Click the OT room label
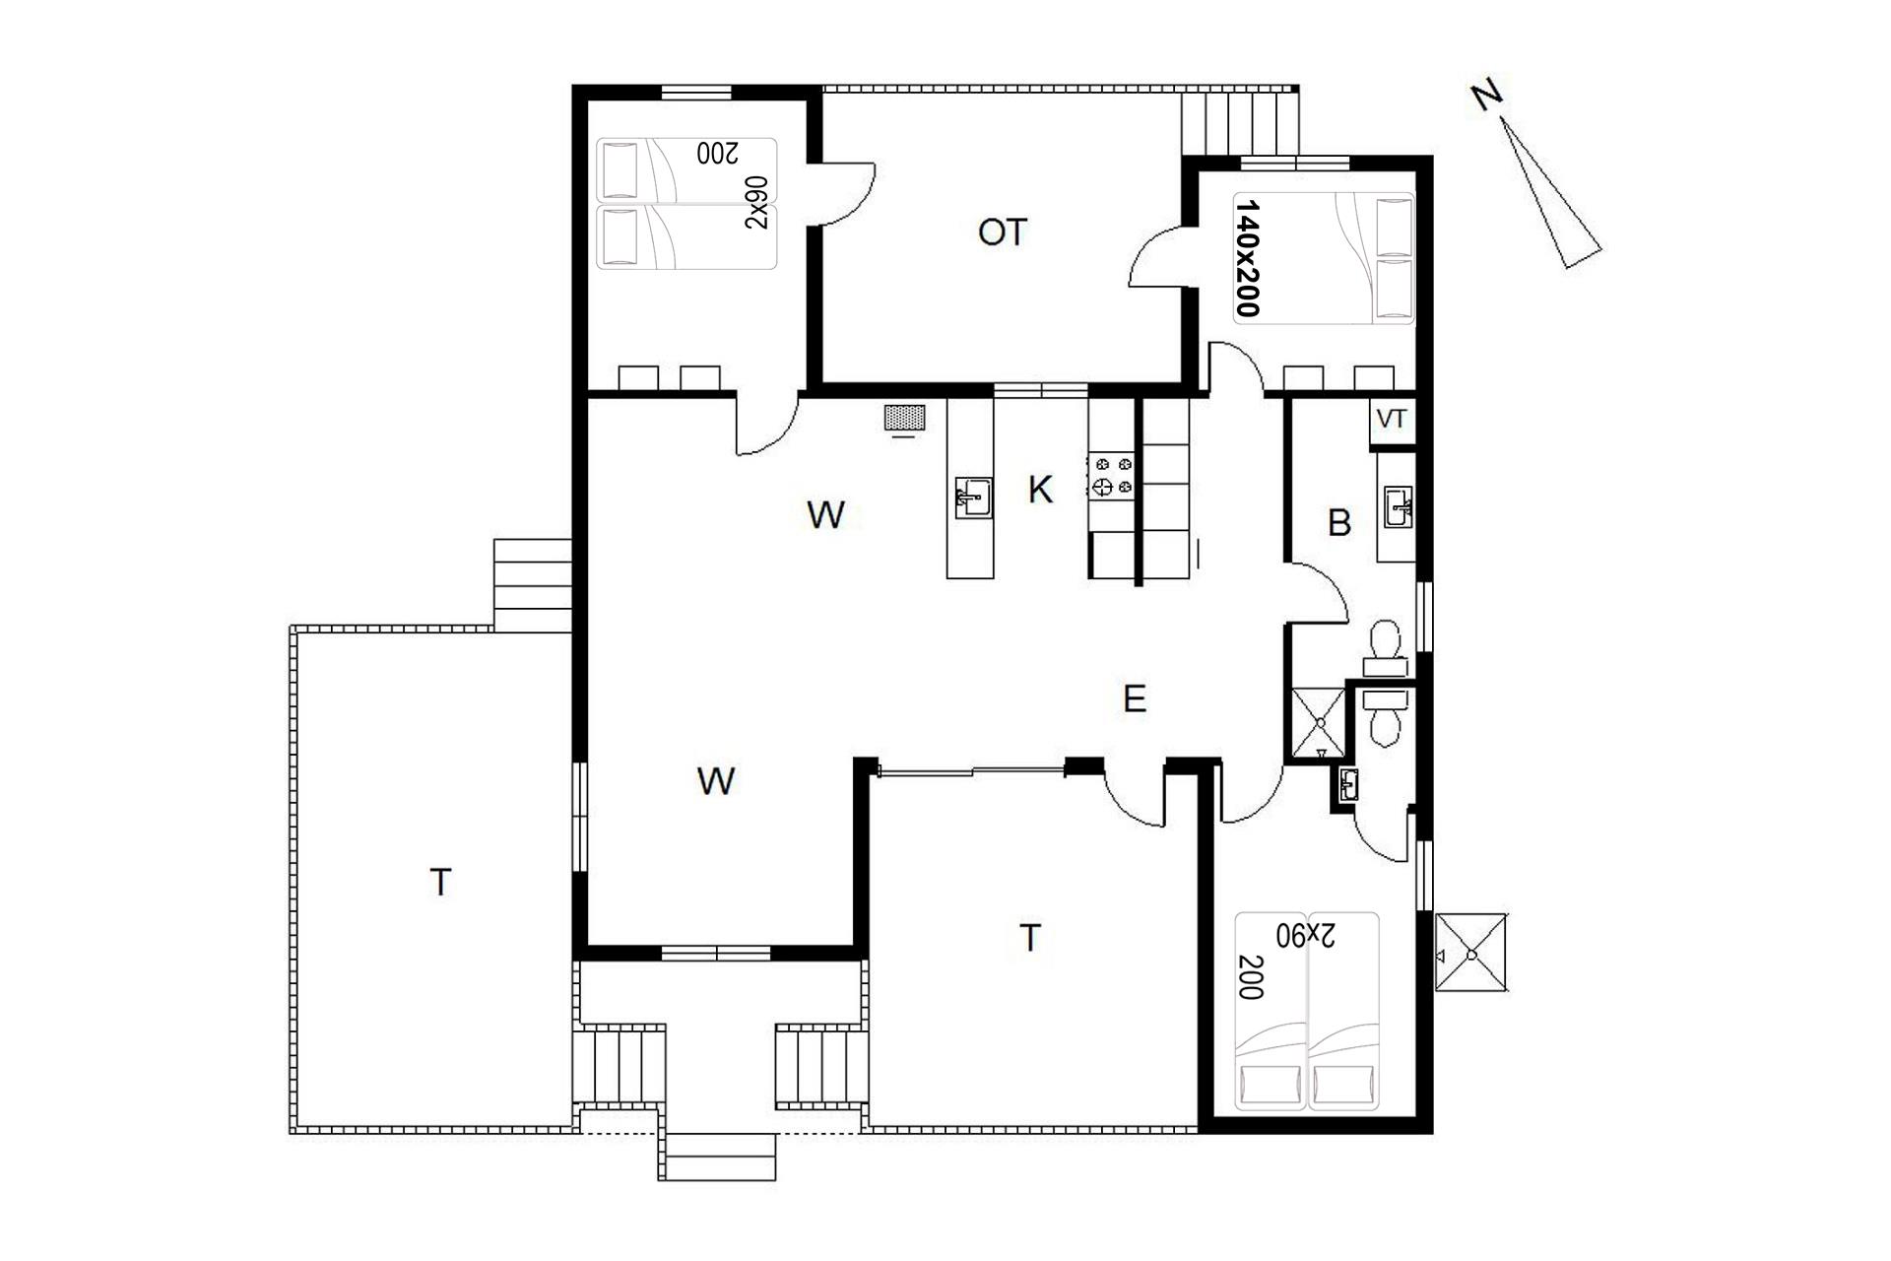point(1003,232)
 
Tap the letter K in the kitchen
point(1040,489)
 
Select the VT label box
point(1392,420)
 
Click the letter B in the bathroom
point(1339,523)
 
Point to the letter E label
point(1135,699)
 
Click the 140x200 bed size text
point(1248,258)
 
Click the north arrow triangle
point(1549,193)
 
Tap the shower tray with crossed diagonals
point(1318,724)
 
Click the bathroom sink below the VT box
point(1398,506)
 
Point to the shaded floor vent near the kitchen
point(904,418)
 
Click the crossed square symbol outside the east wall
point(1471,953)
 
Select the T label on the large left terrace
point(441,882)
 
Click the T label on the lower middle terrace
point(1029,938)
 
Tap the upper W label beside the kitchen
point(825,514)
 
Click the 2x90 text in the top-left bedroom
point(756,203)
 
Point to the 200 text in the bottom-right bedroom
point(1251,977)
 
